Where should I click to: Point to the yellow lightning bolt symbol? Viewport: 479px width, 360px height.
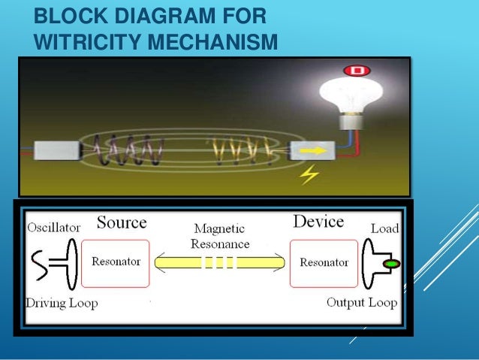[309, 176]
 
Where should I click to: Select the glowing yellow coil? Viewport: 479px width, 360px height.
[240, 149]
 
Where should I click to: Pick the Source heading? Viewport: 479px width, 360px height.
[121, 222]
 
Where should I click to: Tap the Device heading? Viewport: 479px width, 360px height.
[318, 222]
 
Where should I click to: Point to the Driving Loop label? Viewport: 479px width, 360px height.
[60, 304]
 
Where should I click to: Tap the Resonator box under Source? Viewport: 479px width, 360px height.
[115, 263]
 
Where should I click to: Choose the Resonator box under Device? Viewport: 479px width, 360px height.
[324, 263]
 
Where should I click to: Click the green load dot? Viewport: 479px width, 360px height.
[390, 264]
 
